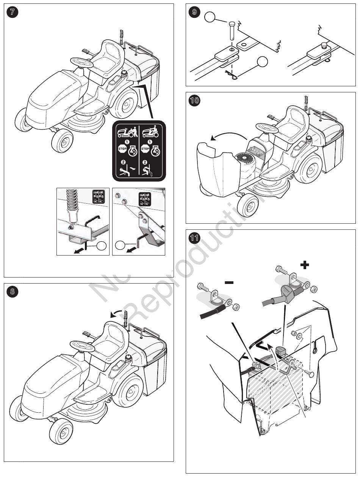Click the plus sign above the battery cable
[x=304, y=265]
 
